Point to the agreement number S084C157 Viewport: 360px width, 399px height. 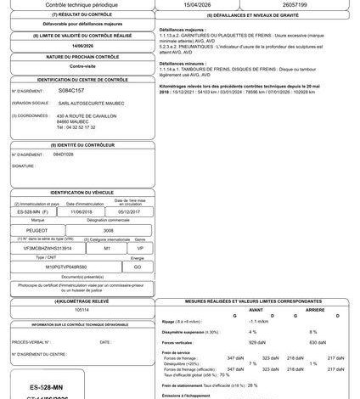click(72, 88)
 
